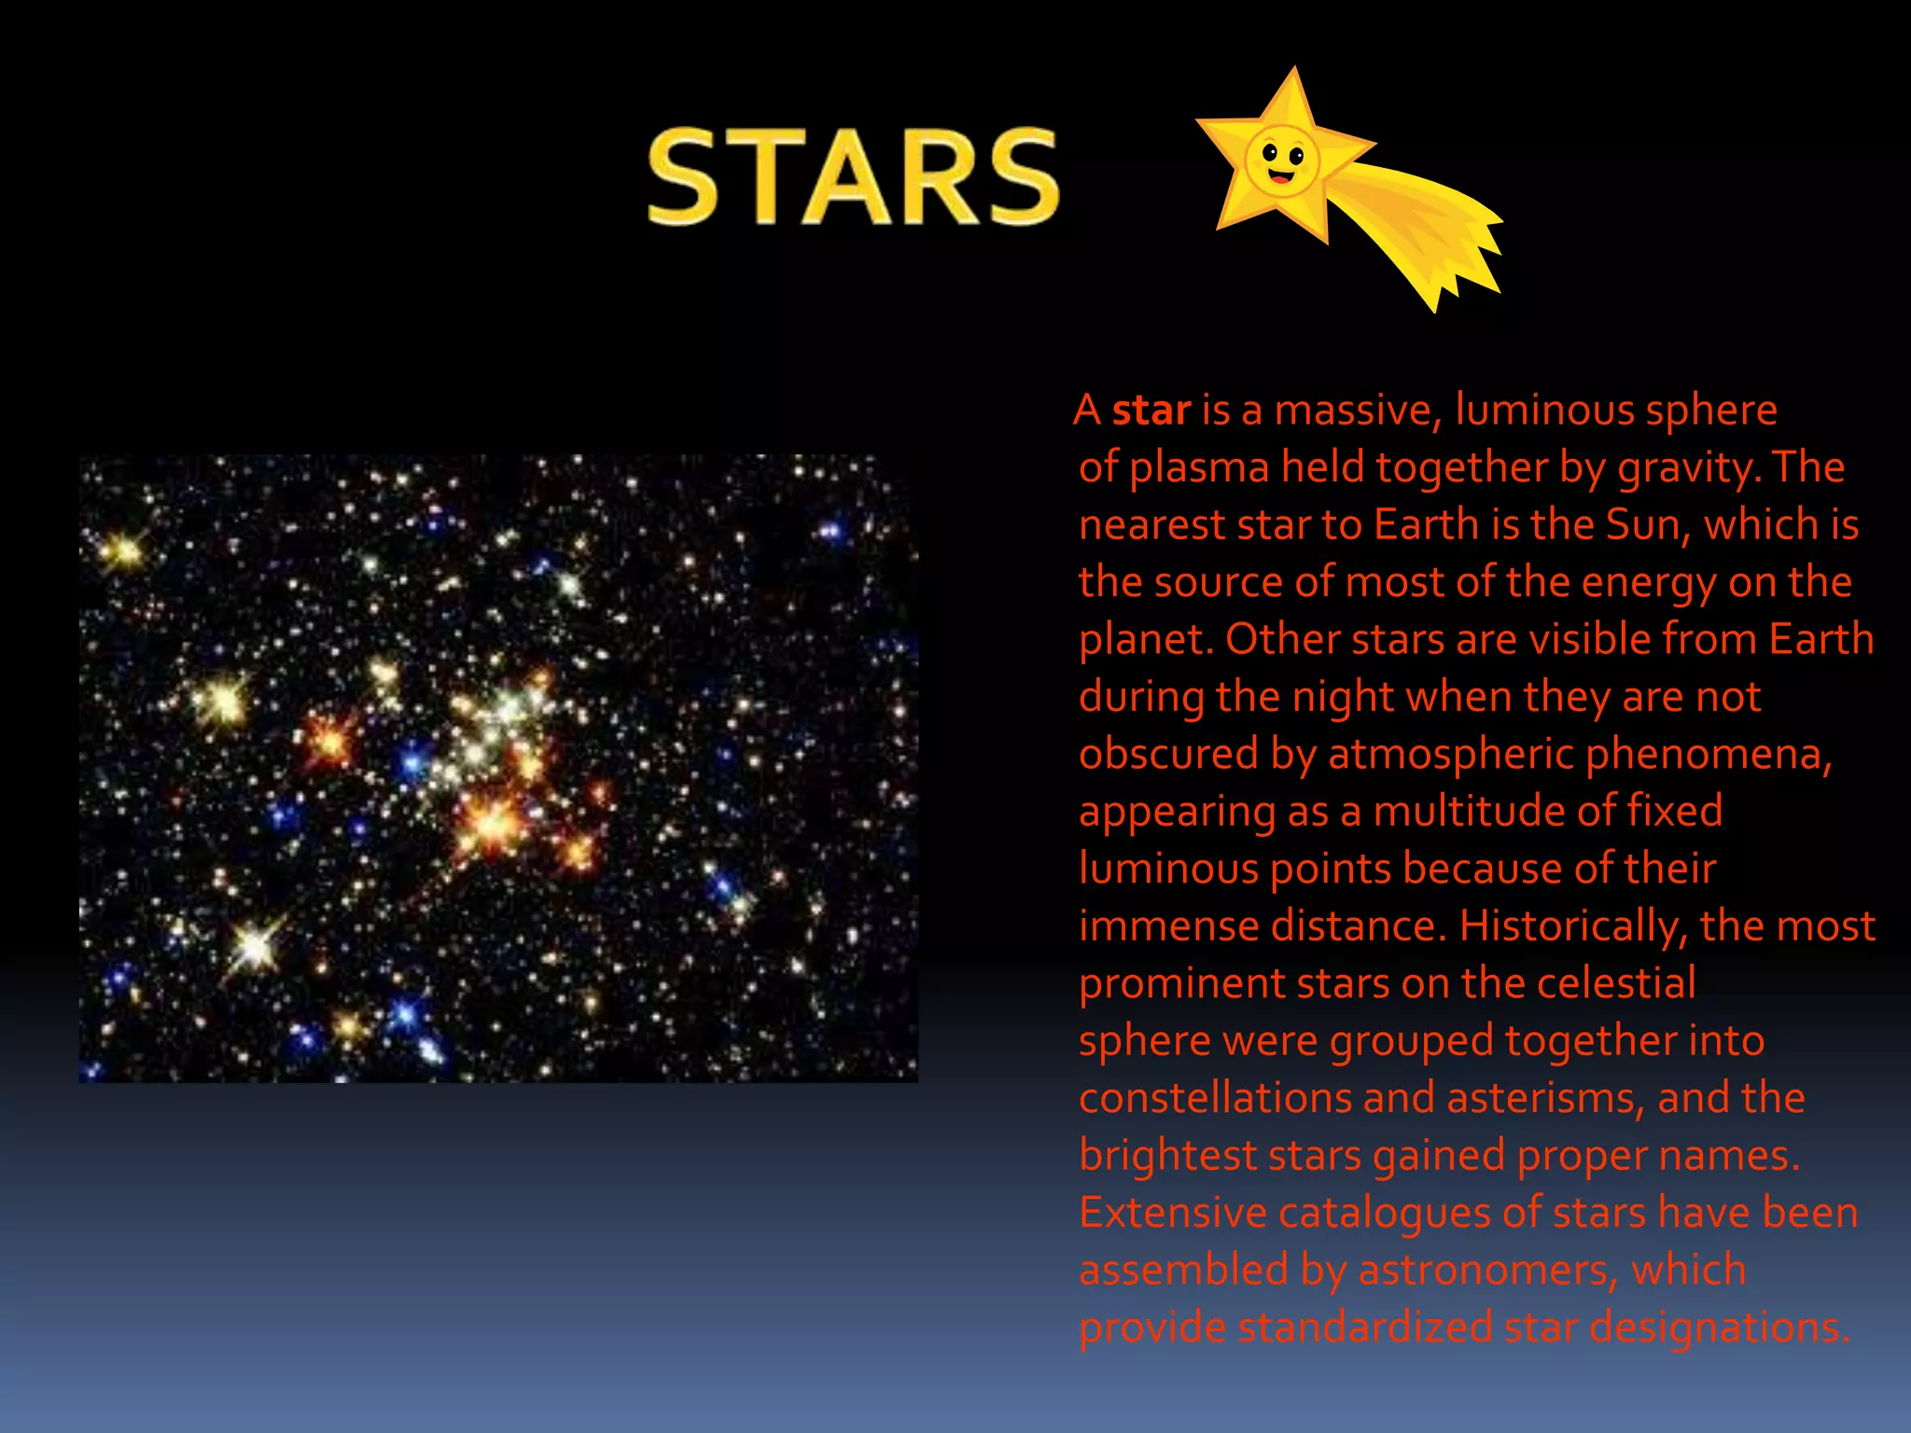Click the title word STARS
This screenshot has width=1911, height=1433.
pos(854,177)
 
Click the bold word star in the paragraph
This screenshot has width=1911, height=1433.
pos(1151,410)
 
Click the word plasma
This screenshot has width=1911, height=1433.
pos(1199,467)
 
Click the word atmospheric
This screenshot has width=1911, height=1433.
pos(1451,755)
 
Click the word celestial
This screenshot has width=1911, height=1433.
pos(1616,983)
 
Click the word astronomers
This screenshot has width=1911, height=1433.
pos(1486,1271)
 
